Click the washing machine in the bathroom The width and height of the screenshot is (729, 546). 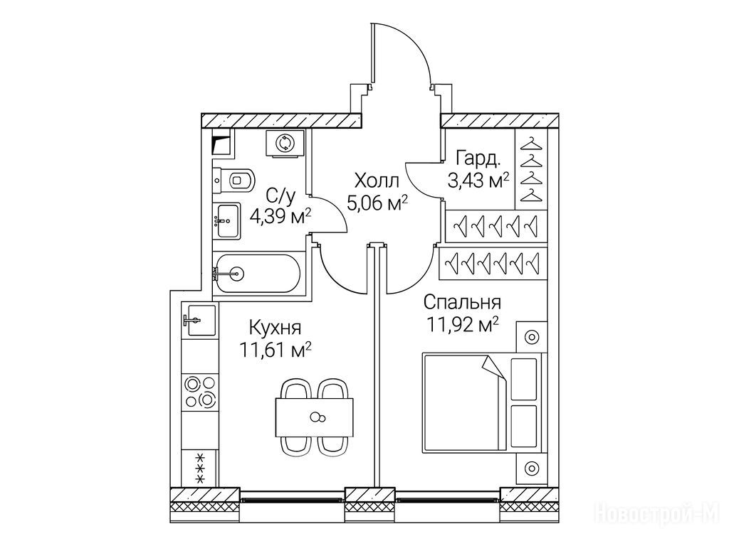285,142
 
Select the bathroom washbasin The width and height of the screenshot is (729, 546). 228,220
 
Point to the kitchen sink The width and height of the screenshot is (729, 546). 197,320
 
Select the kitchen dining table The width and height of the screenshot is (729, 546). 314,417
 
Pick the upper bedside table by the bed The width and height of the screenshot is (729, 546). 531,336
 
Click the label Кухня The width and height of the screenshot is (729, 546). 275,328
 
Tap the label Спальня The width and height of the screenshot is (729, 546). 460,304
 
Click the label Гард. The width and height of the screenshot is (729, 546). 473,158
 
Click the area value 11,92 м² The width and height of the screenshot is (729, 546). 460,326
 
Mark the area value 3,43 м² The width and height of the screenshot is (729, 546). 478,180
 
